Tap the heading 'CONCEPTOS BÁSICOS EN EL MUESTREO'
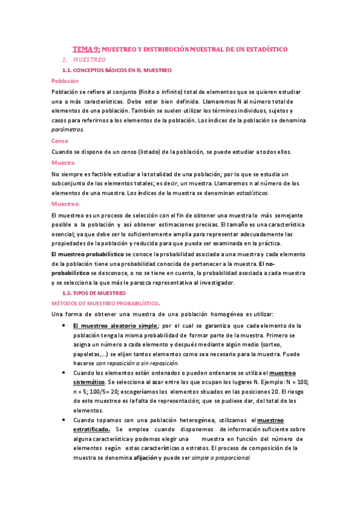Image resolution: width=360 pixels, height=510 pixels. click(x=129, y=70)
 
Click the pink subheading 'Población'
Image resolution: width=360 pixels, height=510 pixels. click(x=66, y=81)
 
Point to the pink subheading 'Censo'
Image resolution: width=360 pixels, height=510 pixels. click(x=61, y=141)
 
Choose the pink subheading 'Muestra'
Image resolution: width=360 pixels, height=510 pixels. click(x=63, y=163)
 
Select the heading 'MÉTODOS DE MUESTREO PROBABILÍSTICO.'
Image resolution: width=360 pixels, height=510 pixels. click(x=106, y=304)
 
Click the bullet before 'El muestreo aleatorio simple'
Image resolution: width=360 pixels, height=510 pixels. click(x=64, y=326)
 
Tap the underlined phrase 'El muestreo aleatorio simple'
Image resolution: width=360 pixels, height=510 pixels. click(x=115, y=326)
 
